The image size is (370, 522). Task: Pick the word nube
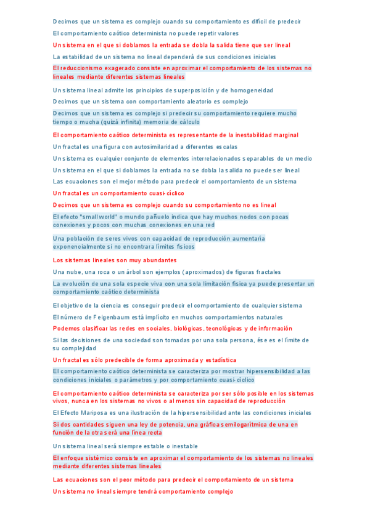click(x=73, y=271)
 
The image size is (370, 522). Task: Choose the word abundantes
click(x=158, y=260)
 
